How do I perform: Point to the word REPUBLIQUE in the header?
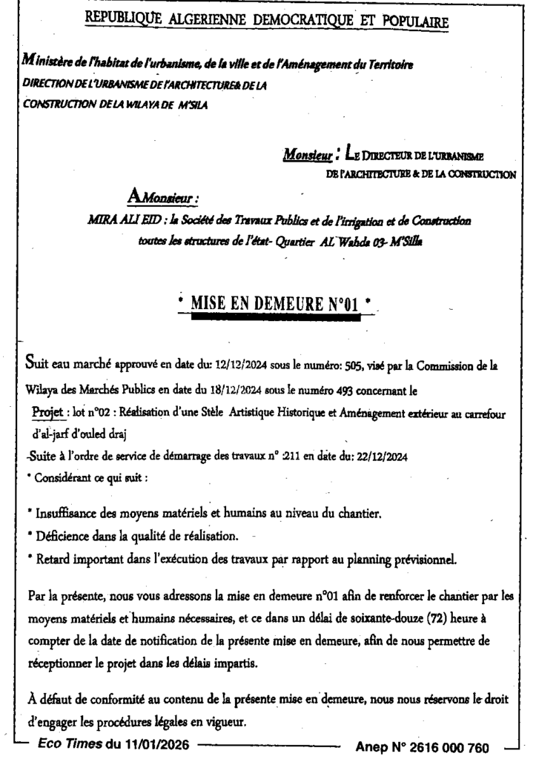click(x=123, y=21)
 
